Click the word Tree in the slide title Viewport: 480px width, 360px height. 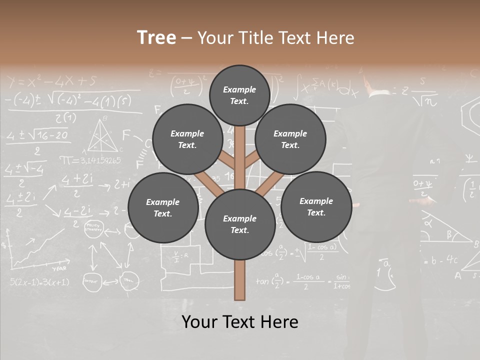[x=156, y=37]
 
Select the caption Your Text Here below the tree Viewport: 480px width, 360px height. [x=240, y=321]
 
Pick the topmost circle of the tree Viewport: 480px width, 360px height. [x=239, y=95]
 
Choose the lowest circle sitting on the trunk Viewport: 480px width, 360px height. [x=240, y=224]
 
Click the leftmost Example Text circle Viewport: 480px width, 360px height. [x=162, y=208]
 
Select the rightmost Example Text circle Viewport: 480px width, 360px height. [x=316, y=206]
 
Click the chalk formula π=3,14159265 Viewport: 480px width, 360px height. [x=90, y=160]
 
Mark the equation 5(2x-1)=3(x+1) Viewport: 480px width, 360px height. [x=39, y=282]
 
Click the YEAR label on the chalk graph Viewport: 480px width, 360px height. [x=59, y=268]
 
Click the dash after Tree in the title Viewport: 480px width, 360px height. [x=186, y=38]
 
